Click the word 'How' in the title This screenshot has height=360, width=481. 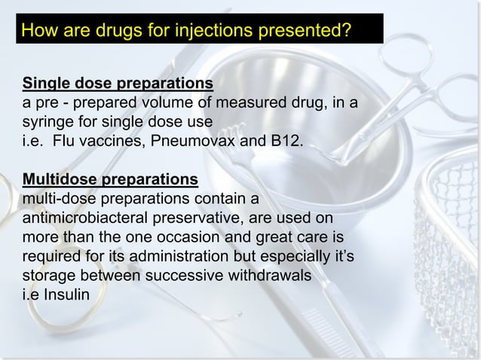[x=39, y=32]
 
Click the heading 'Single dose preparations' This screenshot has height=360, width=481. [x=118, y=81]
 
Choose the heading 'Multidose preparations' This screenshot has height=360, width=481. [x=111, y=180]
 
